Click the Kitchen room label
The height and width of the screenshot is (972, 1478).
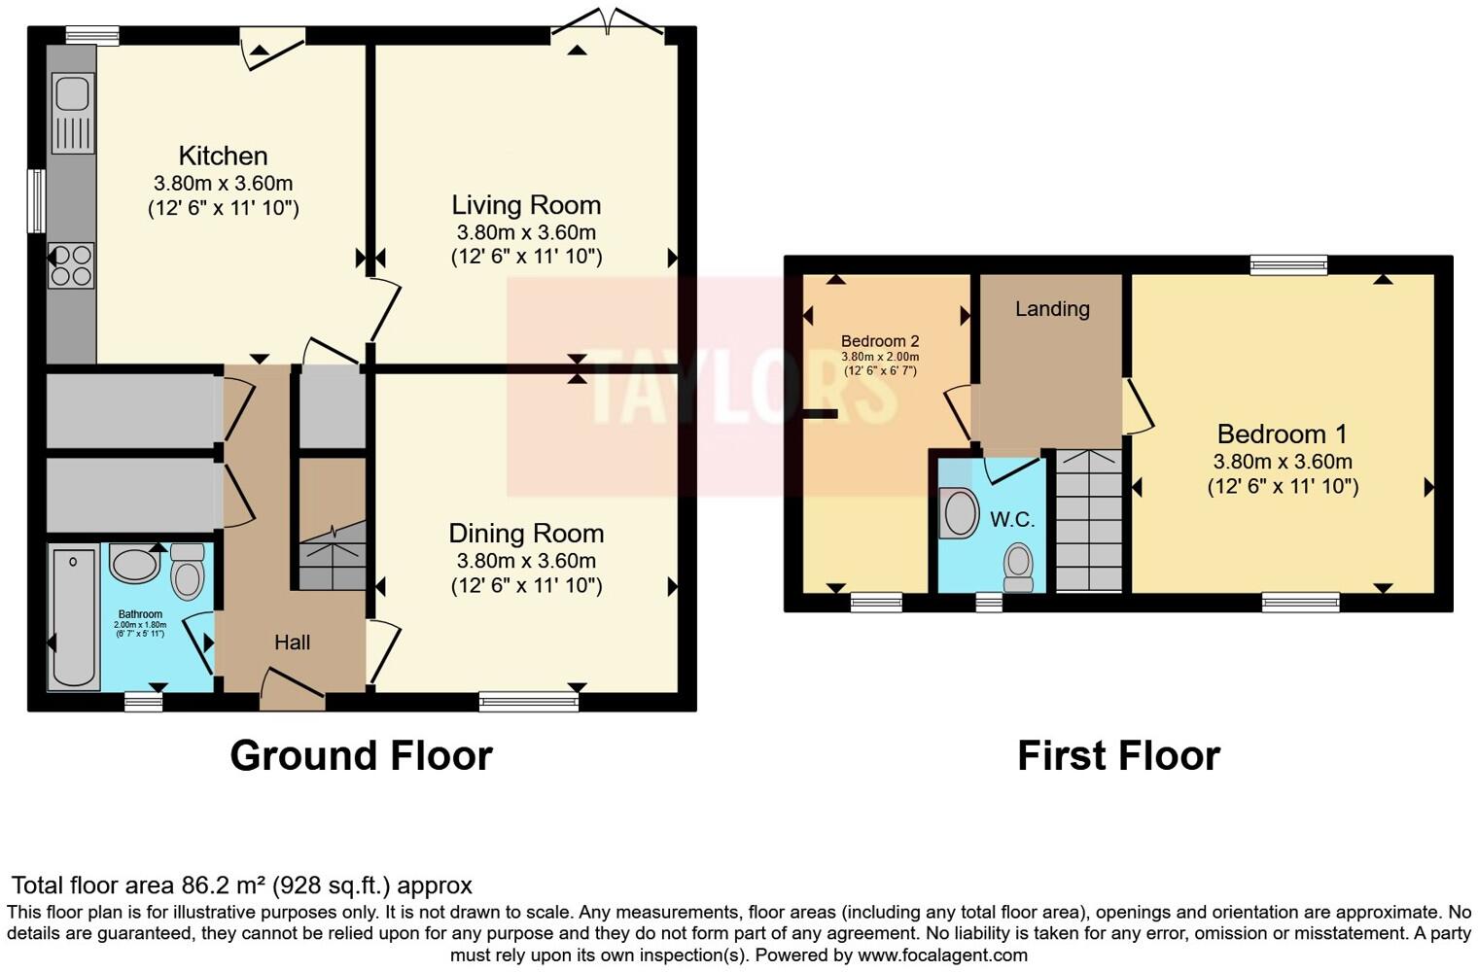click(x=223, y=156)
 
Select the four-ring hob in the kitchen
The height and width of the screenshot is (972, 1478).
click(x=72, y=265)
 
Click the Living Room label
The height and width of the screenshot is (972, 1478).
click(x=526, y=205)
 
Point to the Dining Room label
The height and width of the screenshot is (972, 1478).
click(x=526, y=534)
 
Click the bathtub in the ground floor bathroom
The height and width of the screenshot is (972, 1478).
click(x=74, y=617)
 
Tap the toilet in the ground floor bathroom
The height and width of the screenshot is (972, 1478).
click(x=187, y=573)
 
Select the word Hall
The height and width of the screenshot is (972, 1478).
click(x=292, y=642)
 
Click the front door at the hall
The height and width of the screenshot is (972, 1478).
click(x=291, y=684)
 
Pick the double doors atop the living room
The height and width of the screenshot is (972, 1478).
click(x=609, y=23)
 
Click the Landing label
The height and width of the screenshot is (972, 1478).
click(x=1052, y=309)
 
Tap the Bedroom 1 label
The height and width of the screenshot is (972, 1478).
click(x=1284, y=434)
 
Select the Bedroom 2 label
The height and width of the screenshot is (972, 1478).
click(x=880, y=341)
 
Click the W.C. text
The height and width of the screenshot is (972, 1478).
click(x=1012, y=520)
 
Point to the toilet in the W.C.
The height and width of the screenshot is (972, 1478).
click(x=1018, y=568)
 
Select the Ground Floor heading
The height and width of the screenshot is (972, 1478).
click(x=361, y=756)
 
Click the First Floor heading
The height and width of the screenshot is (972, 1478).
click(x=1118, y=756)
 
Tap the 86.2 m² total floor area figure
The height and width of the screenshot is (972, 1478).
click(x=225, y=885)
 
